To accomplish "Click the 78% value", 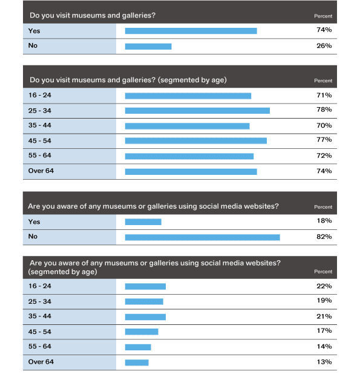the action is tap(324, 110).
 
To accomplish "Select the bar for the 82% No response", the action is tap(203, 237).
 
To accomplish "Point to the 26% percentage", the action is tap(324, 45).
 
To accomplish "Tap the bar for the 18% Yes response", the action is tap(143, 222).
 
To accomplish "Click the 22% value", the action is tap(324, 286).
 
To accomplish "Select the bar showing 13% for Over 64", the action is tap(137, 362).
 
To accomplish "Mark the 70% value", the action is tap(324, 126).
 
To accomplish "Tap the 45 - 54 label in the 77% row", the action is tap(39, 141).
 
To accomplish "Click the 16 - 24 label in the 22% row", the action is tap(39, 286).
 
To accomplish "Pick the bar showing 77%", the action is tap(196, 141).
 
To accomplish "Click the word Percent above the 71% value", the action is tap(323, 80).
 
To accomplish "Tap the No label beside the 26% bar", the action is tap(33, 45).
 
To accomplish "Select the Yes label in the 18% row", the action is tap(34, 222).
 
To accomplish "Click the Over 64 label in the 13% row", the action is tap(41, 362).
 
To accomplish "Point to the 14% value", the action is tap(324, 346).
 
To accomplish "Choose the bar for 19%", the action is tap(144, 302).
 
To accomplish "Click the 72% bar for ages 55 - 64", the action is tap(189, 156).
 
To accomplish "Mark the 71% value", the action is tap(324, 95).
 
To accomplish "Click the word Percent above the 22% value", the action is tap(323, 272).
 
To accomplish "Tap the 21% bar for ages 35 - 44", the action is tap(145, 317).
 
